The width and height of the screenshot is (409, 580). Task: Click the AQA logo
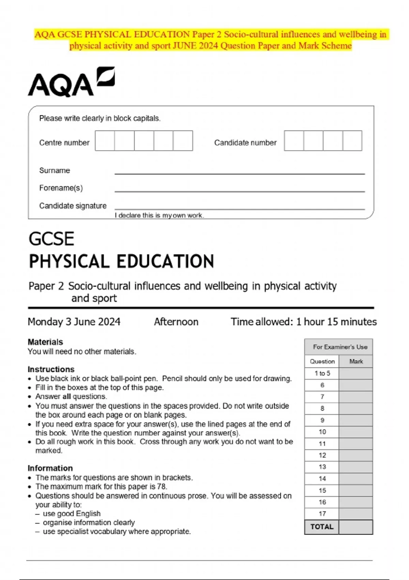pyautogui.click(x=71, y=82)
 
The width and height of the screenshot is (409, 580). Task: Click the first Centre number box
pyautogui.click(x=105, y=141)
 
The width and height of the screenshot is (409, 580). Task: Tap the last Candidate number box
pyautogui.click(x=352, y=141)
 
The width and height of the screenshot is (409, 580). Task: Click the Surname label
pyautogui.click(x=55, y=170)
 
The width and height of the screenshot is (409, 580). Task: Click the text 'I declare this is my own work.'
pyautogui.click(x=159, y=215)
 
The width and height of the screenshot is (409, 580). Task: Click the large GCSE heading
pyautogui.click(x=51, y=239)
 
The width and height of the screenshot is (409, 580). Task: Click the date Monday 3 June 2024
pyautogui.click(x=74, y=322)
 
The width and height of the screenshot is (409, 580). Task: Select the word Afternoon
pyautogui.click(x=176, y=322)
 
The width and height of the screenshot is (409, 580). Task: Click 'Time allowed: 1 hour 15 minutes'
pyautogui.click(x=303, y=322)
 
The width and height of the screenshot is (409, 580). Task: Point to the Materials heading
pyautogui.click(x=45, y=342)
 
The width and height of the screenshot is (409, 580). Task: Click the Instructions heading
pyautogui.click(x=51, y=369)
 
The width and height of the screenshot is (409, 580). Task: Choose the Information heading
pyautogui.click(x=50, y=468)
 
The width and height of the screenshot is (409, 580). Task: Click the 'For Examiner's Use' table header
pyautogui.click(x=340, y=347)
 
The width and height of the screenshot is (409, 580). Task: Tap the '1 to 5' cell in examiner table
pyautogui.click(x=322, y=373)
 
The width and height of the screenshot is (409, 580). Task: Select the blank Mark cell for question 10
pyautogui.click(x=355, y=432)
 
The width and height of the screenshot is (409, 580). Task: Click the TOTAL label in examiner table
pyautogui.click(x=322, y=527)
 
